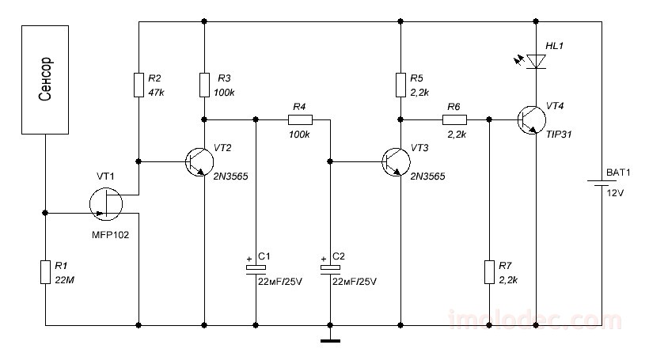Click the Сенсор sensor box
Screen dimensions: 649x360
coord(45,80)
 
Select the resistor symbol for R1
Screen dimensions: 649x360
coord(45,272)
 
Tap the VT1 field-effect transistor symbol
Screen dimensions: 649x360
coord(106,203)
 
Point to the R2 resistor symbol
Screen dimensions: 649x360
coord(139,85)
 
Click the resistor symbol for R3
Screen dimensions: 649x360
coord(204,85)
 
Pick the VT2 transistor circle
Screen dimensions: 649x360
coord(199,161)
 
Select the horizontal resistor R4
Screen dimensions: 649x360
coord(300,120)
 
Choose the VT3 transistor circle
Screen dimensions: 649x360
coord(396,161)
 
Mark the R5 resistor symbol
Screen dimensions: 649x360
coord(400,85)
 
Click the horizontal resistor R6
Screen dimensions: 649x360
coord(454,120)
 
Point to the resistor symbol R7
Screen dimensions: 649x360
coord(489,272)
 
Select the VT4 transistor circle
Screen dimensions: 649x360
coord(531,120)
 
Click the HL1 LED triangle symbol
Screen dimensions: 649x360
coord(536,62)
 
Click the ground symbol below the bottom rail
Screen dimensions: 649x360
coord(330,341)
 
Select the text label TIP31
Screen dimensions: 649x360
coord(559,135)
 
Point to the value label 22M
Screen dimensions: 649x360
coord(65,280)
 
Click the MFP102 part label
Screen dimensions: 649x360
coord(110,235)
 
